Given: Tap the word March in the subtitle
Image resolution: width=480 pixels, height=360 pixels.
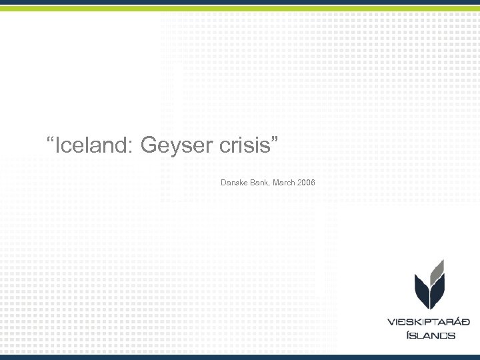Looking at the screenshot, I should point(284,182).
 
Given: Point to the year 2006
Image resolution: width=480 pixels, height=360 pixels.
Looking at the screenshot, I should point(307,182).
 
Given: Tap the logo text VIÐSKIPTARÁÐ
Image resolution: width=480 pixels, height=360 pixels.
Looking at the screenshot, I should point(429,322).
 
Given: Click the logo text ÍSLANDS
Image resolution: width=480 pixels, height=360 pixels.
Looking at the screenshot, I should point(430,335).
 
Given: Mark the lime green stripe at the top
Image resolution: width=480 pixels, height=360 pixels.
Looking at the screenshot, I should point(240,9).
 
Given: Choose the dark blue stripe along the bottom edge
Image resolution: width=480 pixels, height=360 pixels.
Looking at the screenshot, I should point(240,357).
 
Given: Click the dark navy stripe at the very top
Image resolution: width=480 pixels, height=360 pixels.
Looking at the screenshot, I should point(240,3).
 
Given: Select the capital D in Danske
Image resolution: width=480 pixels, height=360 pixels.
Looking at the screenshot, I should point(223,182).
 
